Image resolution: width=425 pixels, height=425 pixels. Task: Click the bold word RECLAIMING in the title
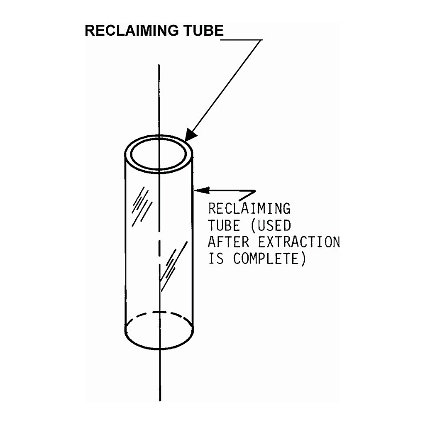(132, 30)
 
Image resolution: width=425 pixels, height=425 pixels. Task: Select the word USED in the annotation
(274, 225)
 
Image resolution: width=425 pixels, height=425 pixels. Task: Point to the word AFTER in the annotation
(228, 242)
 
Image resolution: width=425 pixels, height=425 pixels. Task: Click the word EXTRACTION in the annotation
(299, 242)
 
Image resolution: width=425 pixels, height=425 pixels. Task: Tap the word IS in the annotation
(216, 258)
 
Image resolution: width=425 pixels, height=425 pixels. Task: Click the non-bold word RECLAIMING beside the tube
(249, 208)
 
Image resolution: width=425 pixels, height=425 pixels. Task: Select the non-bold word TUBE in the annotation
(224, 225)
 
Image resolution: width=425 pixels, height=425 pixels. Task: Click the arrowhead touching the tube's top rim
(191, 135)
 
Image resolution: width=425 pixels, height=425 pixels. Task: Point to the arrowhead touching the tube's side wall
(202, 190)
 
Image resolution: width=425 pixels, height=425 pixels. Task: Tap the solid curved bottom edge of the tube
(159, 348)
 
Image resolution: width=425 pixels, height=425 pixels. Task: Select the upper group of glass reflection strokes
(142, 206)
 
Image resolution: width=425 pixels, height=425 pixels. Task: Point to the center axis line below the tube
(160, 375)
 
